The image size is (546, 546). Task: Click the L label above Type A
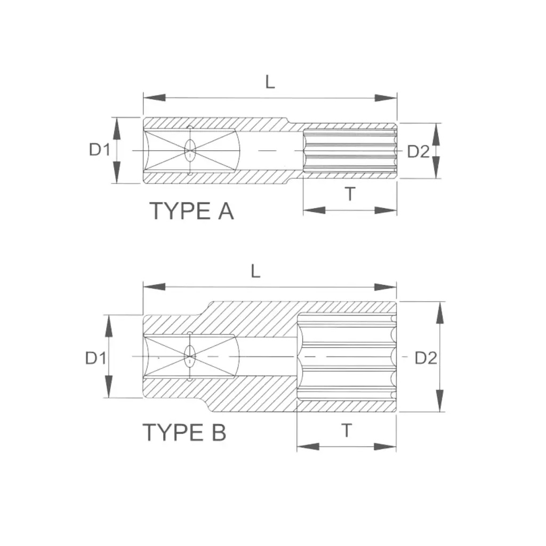(x=270, y=82)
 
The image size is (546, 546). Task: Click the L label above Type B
(x=255, y=271)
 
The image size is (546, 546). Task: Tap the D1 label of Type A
(x=100, y=150)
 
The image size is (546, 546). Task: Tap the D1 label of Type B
(x=96, y=358)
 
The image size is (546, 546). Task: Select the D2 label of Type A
(x=418, y=151)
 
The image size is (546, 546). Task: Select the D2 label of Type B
(x=425, y=358)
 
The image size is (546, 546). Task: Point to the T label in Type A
(x=350, y=194)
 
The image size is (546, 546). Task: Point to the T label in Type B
(x=347, y=431)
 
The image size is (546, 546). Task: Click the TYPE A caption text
(x=192, y=211)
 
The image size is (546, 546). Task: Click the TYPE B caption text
(x=184, y=432)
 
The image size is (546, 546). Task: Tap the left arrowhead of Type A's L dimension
(x=154, y=98)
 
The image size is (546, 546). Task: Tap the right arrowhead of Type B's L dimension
(x=385, y=287)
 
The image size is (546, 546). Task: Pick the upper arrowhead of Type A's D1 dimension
(x=117, y=128)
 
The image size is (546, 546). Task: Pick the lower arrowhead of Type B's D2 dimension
(x=440, y=401)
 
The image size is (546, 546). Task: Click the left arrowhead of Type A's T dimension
(x=315, y=210)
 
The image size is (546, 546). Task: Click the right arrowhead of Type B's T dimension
(x=385, y=447)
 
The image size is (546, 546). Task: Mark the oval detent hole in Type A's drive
(x=190, y=150)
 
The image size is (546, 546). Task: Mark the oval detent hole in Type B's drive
(x=190, y=357)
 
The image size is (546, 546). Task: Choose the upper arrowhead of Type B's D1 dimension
(x=109, y=326)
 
